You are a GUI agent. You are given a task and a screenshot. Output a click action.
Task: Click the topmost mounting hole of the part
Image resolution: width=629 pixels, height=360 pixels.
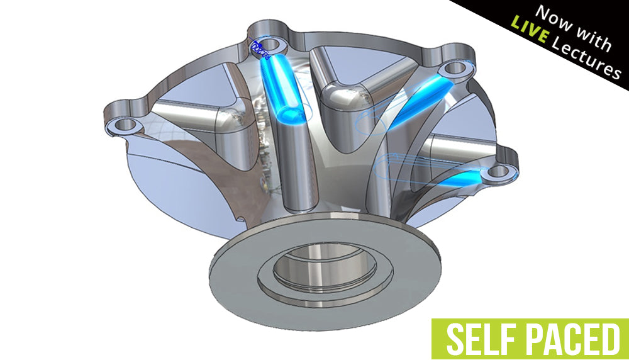272,45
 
